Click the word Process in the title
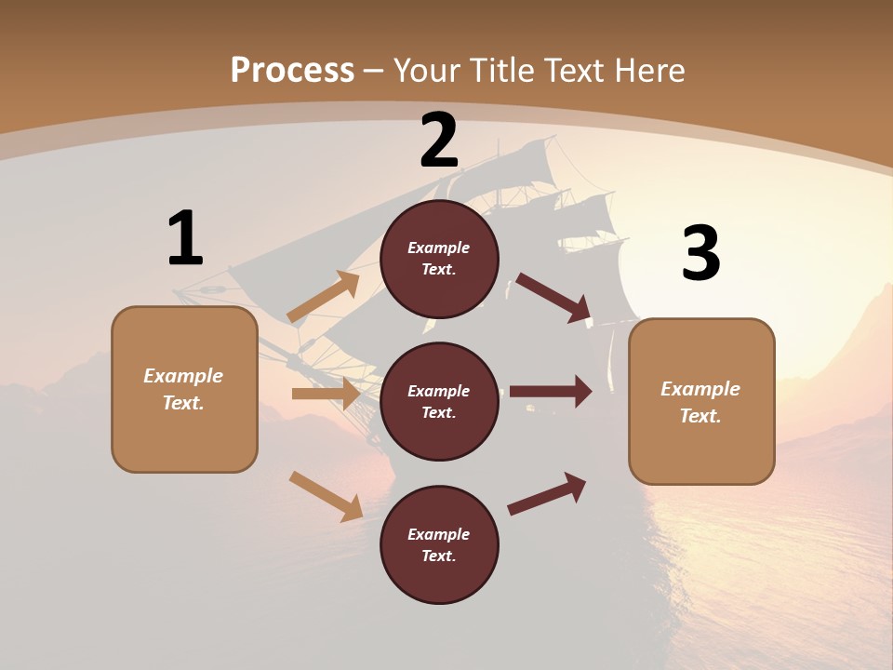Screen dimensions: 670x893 pyautogui.click(x=292, y=70)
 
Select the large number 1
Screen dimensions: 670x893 pyautogui.click(x=184, y=239)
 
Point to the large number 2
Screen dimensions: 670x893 pyautogui.click(x=439, y=141)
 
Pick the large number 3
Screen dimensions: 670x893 pyautogui.click(x=700, y=253)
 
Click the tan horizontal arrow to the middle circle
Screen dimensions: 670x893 pyautogui.click(x=326, y=394)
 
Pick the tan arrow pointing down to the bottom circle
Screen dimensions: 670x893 pyautogui.click(x=327, y=496)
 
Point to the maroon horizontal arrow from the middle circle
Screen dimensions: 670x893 pyautogui.click(x=551, y=392)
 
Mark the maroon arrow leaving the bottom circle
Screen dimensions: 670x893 pyautogui.click(x=547, y=493)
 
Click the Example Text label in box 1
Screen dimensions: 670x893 pyautogui.click(x=183, y=389)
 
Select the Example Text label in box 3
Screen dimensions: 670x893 pyautogui.click(x=700, y=402)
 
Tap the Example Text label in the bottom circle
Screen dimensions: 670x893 pyautogui.click(x=439, y=544)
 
